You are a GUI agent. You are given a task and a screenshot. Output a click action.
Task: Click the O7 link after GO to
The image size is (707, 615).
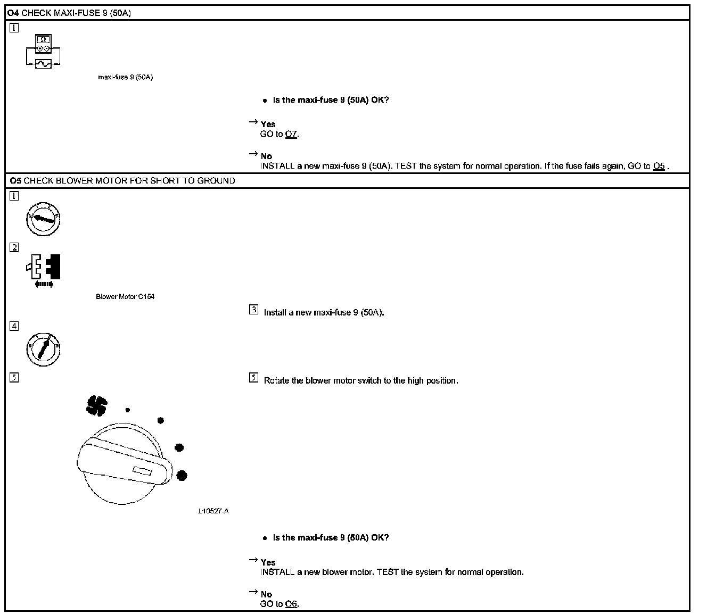(291, 134)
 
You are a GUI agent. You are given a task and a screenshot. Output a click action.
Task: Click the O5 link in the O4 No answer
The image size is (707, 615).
(659, 166)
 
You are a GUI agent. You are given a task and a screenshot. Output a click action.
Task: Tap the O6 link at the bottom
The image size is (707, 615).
(291, 604)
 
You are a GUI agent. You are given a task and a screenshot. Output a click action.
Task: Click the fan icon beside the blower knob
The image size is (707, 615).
(97, 405)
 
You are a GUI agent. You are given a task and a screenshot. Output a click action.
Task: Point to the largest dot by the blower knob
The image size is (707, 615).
(182, 475)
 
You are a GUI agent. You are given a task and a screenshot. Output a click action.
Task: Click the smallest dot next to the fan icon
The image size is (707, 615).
(127, 410)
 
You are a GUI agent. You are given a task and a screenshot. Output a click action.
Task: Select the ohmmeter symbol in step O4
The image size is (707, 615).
(43, 44)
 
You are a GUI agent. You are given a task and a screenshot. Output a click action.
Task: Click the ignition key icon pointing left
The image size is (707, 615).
(43, 219)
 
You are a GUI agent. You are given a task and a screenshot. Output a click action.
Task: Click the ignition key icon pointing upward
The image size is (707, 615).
(43, 349)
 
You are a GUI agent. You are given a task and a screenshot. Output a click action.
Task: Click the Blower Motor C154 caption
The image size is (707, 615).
(125, 297)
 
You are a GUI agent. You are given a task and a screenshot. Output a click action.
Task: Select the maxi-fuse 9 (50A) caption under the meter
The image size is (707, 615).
(125, 77)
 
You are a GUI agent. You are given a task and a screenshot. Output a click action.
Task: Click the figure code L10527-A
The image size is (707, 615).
(213, 511)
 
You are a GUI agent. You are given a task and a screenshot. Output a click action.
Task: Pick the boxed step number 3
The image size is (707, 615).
(254, 310)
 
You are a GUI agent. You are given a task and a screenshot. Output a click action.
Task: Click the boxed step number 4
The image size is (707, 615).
(14, 326)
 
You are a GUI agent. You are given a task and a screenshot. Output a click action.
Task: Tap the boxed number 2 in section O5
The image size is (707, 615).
(14, 247)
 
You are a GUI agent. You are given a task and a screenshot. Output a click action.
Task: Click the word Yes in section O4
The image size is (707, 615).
(268, 124)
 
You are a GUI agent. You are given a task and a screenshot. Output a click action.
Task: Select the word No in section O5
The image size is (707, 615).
(266, 594)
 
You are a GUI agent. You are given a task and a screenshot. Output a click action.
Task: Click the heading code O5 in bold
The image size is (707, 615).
(15, 181)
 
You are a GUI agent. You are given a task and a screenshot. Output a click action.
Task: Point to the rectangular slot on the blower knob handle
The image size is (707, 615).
(142, 471)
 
